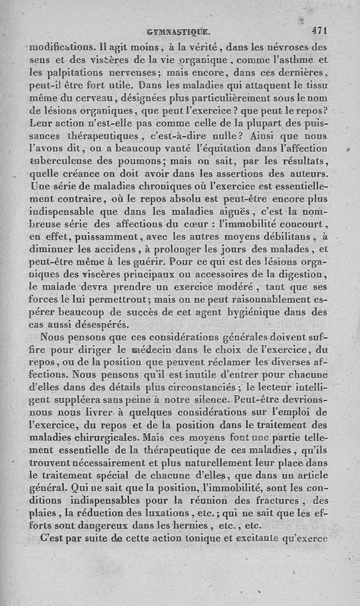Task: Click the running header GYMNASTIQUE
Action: tap(179, 32)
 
